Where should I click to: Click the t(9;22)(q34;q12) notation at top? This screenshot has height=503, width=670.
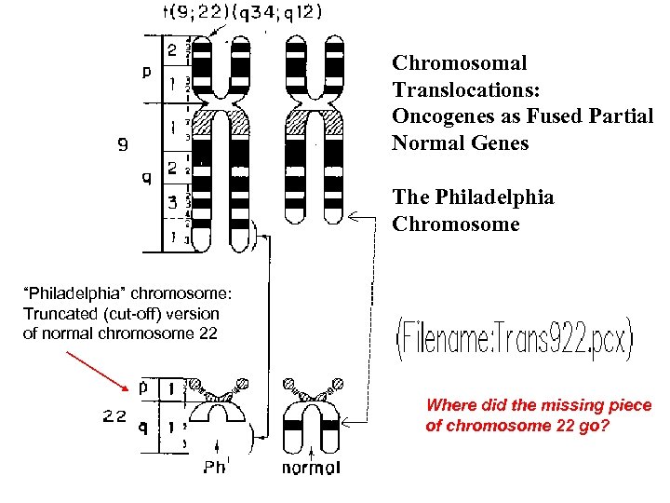point(242,12)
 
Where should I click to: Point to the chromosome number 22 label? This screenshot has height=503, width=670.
point(114,416)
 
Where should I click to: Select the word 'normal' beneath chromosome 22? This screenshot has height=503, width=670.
point(311,467)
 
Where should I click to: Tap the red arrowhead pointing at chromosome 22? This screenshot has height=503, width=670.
point(126,386)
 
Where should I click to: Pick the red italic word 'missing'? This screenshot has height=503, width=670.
point(558,405)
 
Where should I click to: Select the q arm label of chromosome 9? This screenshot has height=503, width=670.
point(147,180)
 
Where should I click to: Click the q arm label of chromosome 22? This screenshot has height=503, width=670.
point(142,429)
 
